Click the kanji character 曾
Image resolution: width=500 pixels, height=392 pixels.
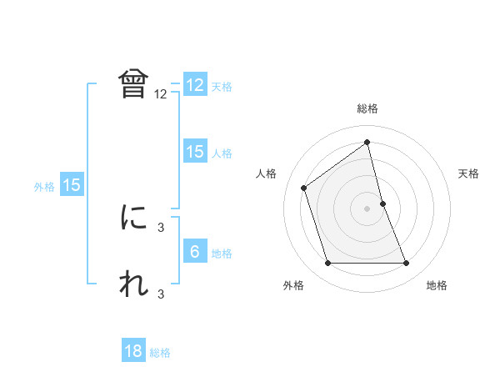134,84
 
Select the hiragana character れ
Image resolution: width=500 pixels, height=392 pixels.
134,284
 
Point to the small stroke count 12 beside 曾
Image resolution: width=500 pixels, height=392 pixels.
161,94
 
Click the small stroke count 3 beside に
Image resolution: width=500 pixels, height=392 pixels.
161,227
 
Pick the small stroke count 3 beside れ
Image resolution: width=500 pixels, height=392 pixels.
161,294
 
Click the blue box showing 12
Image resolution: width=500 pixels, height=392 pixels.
195,85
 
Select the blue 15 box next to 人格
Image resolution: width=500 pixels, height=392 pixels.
195,152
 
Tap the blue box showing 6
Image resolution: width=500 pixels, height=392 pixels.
195,252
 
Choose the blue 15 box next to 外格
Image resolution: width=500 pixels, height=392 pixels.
72,185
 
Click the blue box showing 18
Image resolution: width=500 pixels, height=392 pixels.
133,351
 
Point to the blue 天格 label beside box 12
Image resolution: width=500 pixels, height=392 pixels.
222,87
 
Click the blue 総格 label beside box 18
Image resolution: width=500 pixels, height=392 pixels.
160,353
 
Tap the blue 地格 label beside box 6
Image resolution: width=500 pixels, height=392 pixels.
222,254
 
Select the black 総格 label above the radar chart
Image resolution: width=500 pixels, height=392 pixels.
367,108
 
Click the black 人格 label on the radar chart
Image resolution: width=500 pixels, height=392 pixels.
267,173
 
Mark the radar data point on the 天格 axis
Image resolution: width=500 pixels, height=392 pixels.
382,203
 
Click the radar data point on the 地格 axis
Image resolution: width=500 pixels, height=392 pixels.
407,264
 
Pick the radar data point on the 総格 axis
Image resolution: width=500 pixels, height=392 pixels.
367,141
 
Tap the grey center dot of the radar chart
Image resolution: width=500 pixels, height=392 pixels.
367,208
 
